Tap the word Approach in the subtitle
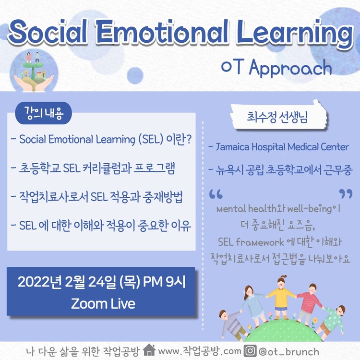pos(290,68)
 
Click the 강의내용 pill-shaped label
pos(44,113)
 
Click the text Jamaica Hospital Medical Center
pos(282,147)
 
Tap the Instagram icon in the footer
pos(250,351)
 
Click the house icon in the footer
pos(149,350)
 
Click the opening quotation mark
pos(216,194)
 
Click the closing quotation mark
pos(346,194)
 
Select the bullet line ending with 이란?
pos(101,139)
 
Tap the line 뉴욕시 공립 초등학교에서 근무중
pos(280,170)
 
